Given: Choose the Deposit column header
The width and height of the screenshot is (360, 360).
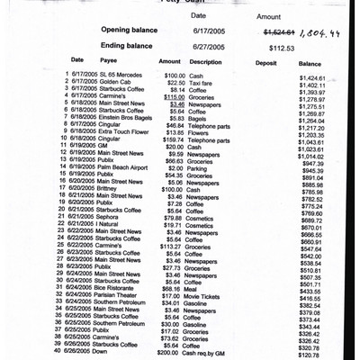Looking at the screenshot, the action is tap(266, 63).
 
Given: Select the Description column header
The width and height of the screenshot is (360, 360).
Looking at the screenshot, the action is tap(206, 62).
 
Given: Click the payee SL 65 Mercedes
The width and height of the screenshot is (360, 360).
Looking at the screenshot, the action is tap(121, 75).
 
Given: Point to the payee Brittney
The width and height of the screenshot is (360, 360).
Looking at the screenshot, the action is tap(109, 189).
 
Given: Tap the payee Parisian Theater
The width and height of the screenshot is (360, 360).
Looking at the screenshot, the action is tap(117, 295).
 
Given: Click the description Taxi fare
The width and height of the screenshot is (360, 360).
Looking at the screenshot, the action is tap(201, 83).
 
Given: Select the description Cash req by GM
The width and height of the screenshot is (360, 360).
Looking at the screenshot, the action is tap(211, 352).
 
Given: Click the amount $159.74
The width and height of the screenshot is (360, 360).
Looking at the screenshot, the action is tap(170, 139).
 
